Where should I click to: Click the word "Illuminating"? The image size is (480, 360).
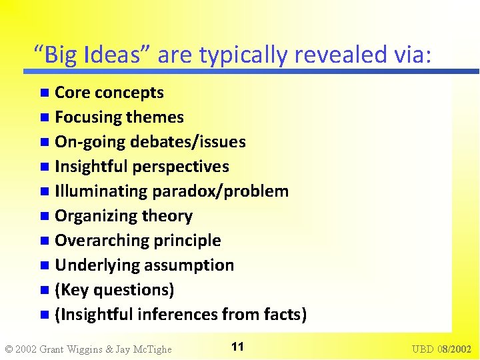pyautogui.click(x=101, y=191)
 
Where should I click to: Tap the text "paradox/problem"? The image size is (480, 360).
pyautogui.click(x=221, y=191)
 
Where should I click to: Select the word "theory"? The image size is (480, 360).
pyautogui.click(x=170, y=216)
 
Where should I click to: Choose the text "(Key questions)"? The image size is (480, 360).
pyautogui.click(x=115, y=290)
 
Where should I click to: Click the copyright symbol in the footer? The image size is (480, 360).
pyautogui.click(x=8, y=349)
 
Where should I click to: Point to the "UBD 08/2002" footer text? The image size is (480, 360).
pyautogui.click(x=441, y=349)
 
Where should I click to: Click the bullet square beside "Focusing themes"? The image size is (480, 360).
pyautogui.click(x=44, y=118)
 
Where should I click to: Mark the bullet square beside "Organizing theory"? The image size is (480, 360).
pyautogui.click(x=44, y=217)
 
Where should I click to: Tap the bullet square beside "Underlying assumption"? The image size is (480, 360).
pyautogui.click(x=44, y=266)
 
